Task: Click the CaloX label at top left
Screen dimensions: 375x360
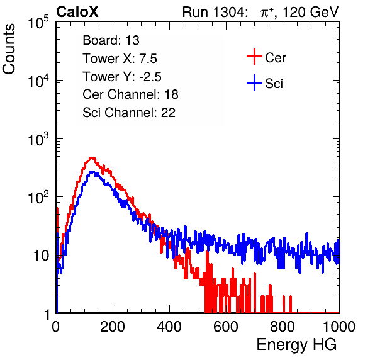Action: [x=77, y=12]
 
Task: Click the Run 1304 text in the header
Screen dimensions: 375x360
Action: [x=213, y=12]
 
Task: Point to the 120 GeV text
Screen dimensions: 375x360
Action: [x=311, y=12]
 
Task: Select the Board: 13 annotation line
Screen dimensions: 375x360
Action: [x=111, y=40]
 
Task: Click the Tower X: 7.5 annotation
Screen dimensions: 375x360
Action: [x=120, y=59]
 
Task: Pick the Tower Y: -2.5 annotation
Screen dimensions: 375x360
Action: [x=122, y=77]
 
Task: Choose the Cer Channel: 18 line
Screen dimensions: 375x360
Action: [x=130, y=94]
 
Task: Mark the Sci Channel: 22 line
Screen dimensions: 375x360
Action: [x=129, y=112]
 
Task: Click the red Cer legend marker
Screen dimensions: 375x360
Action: [x=254, y=57]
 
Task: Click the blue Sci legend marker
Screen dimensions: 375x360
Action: [x=254, y=83]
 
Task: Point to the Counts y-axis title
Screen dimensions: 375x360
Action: [x=9, y=49]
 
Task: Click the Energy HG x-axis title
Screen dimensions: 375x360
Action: [x=296, y=345]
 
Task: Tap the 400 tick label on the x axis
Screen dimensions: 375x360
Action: [x=169, y=327]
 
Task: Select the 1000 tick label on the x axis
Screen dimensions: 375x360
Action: [x=339, y=327]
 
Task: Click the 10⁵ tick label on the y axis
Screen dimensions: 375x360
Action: [x=38, y=23]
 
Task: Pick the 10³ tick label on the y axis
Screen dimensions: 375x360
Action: [x=38, y=139]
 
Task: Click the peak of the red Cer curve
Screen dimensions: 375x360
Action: [x=92, y=158]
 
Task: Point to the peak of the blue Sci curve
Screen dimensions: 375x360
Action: [x=92, y=172]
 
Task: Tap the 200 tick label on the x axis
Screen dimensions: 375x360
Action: [x=113, y=327]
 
